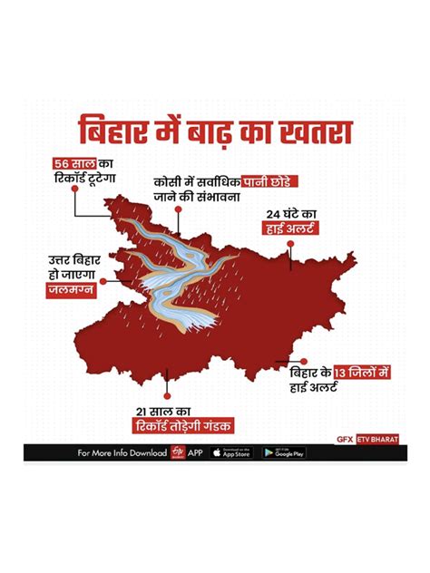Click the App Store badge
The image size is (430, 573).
[230, 452]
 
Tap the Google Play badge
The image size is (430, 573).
[283, 452]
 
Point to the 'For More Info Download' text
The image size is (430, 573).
[122, 452]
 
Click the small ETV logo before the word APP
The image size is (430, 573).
[176, 452]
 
